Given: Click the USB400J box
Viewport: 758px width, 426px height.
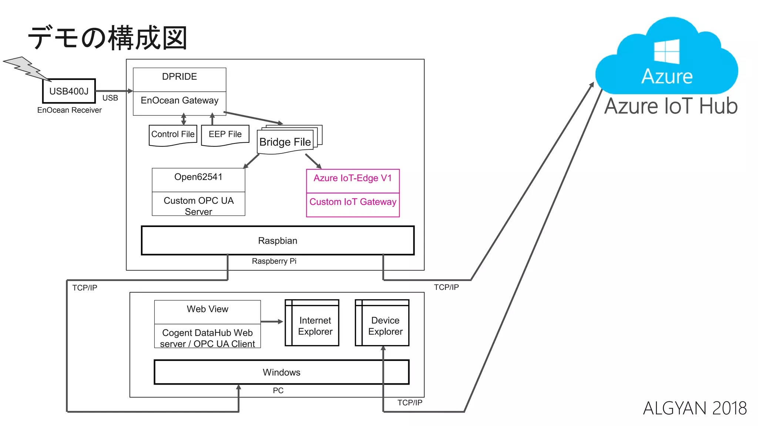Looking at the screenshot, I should point(69,91).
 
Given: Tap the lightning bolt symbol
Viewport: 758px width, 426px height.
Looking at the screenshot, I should point(26,68).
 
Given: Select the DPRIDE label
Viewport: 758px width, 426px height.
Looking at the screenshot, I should point(180,77).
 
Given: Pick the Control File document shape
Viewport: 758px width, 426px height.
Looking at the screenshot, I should point(173,135).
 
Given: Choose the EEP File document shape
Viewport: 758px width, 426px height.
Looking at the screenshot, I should point(225,135).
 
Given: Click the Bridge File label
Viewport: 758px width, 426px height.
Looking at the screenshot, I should point(285,142).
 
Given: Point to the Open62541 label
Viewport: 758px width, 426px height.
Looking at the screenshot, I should point(198,177).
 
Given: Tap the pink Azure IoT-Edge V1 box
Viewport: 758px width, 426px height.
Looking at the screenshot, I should point(353,179).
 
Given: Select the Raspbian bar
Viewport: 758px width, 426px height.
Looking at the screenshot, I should point(278,241).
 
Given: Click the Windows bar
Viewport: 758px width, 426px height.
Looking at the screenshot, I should point(281,372).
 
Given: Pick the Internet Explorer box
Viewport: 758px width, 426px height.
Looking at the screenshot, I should point(315,326).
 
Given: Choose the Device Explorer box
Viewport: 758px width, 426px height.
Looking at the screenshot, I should point(385,326).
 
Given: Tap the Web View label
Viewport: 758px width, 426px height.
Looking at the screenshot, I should point(207,309).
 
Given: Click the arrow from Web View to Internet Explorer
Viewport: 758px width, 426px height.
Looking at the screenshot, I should point(272,322).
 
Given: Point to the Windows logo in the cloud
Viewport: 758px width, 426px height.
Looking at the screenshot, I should point(667,51).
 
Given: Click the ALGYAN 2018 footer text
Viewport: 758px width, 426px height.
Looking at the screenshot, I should point(695,408).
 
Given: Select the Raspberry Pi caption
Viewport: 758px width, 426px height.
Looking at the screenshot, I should point(274,261).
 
